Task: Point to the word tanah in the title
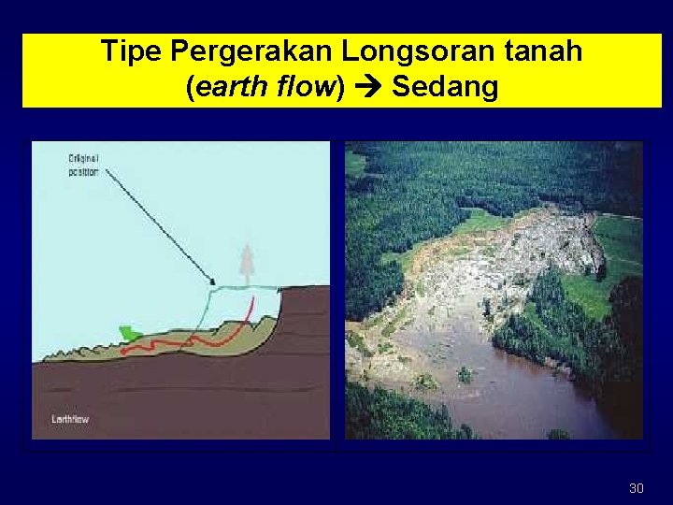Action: point(541,51)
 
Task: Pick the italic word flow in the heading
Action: point(308,88)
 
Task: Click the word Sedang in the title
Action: point(445,88)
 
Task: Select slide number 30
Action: point(637,488)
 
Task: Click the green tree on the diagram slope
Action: point(130,333)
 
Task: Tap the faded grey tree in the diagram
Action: point(246,263)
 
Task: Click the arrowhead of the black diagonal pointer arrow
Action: point(212,281)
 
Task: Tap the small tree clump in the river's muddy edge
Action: point(464,375)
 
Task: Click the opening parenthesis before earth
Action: point(191,88)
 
